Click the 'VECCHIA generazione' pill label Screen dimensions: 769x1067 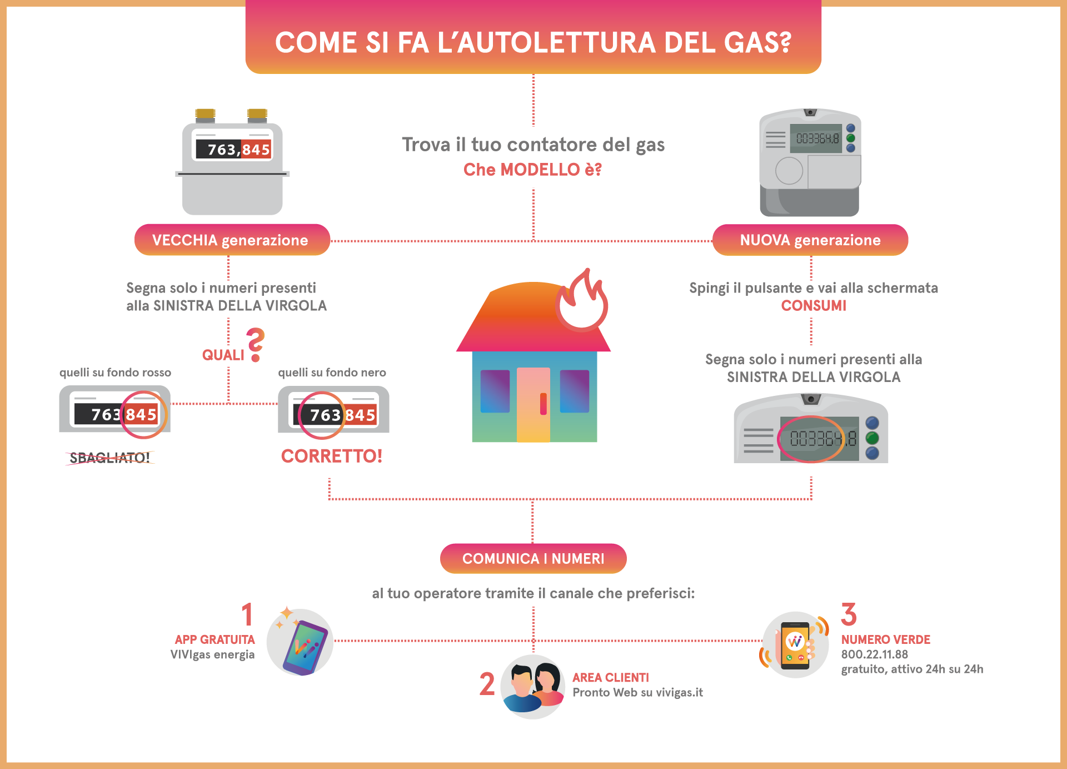[231, 240]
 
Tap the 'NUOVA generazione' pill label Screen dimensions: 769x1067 [810, 240]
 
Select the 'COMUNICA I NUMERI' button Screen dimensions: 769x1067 [533, 559]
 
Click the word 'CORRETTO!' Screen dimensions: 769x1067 [332, 457]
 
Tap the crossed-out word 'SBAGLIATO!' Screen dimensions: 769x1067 [109, 458]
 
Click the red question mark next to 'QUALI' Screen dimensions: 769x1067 [256, 344]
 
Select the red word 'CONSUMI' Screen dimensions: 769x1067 [814, 306]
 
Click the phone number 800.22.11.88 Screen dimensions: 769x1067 [874, 654]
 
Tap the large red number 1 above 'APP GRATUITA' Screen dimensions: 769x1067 [247, 615]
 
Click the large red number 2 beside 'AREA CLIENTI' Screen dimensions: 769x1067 [487, 684]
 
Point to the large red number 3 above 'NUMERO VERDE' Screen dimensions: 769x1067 [849, 615]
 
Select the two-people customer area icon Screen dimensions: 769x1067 [533, 687]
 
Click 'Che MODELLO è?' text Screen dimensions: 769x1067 [532, 170]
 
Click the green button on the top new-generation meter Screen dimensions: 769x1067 [850, 138]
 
